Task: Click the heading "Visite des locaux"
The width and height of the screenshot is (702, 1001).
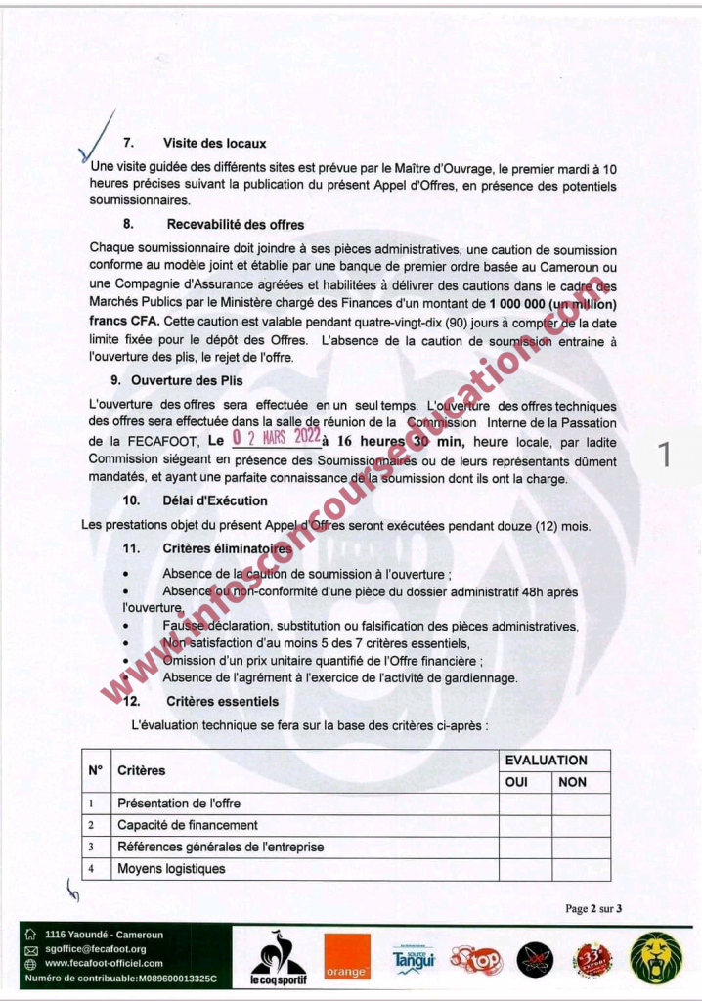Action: coord(214,144)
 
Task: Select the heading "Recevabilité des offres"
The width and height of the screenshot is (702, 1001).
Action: coord(235,225)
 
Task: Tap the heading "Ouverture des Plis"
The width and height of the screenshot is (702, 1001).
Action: coord(188,380)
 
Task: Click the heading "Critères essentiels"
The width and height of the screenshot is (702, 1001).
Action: coord(222,702)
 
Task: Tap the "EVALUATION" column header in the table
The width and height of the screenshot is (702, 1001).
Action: coord(546,761)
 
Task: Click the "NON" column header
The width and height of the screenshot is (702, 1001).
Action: coord(572,782)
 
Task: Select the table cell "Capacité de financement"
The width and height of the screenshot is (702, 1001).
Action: coord(188,825)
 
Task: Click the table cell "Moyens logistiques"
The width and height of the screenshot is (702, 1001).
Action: coord(171,868)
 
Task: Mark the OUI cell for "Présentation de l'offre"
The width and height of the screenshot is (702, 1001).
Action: coord(525,804)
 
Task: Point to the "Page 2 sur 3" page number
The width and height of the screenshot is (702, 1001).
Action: coord(593,909)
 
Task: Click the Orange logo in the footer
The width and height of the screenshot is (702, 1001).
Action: coord(347,956)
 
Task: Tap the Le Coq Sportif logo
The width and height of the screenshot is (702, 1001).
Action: coord(279,956)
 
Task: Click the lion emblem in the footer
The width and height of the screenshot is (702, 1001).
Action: coord(656,956)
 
